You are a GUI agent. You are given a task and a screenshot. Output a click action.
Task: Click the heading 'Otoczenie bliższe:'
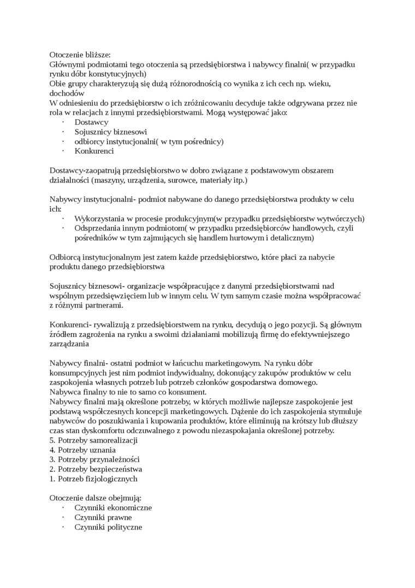(80, 55)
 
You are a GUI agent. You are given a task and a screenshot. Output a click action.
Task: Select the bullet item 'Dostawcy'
(91, 122)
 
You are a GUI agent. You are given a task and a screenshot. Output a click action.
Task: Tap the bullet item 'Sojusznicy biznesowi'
(110, 132)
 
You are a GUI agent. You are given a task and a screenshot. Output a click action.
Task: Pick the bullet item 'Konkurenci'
(94, 151)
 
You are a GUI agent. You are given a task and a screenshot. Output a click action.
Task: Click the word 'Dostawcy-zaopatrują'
(84, 171)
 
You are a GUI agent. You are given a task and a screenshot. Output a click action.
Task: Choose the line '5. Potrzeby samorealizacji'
(93, 440)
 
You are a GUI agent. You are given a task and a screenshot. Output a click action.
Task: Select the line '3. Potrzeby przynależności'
(94, 459)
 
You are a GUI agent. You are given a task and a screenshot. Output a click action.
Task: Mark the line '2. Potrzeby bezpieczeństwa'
(96, 469)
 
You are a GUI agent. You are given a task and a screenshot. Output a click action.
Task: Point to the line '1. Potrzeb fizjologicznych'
(93, 479)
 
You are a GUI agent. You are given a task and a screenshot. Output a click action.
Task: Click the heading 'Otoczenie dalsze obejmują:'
(96, 498)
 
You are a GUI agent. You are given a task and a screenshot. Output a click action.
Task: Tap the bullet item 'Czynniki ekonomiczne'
(113, 508)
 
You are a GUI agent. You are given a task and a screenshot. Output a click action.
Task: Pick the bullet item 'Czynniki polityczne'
(108, 527)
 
